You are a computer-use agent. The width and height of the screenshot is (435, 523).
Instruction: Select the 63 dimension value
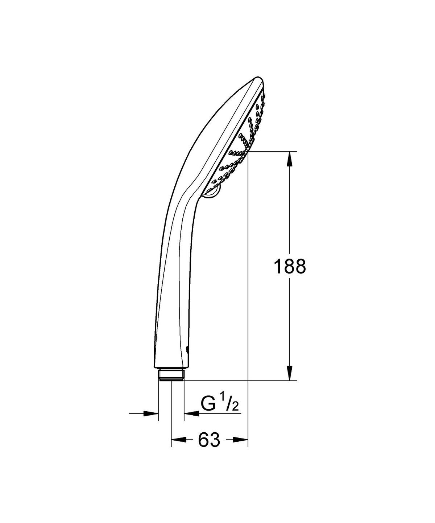(x=210, y=440)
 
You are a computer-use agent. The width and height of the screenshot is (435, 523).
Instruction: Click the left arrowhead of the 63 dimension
(x=177, y=440)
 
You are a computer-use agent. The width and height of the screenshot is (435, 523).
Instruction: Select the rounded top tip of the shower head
(x=258, y=80)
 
